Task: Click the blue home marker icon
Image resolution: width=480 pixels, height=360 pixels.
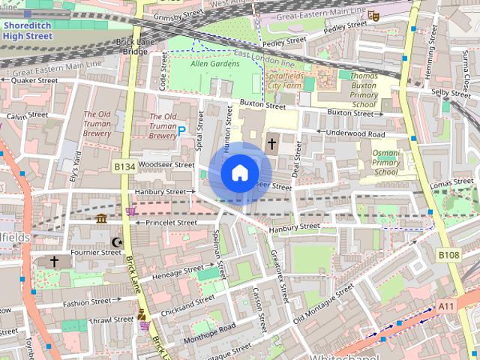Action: (x=239, y=173)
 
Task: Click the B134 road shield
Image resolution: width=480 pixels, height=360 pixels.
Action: (x=124, y=166)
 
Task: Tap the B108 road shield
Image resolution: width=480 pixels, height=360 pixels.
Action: (x=448, y=256)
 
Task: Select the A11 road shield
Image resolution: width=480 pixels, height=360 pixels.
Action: (x=447, y=306)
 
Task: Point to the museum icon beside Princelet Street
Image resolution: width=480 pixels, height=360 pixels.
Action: (x=101, y=218)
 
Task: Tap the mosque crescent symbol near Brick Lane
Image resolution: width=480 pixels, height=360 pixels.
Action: (x=115, y=241)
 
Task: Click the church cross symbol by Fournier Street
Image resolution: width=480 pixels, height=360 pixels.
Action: (x=54, y=261)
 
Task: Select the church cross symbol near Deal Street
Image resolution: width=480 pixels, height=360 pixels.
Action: (x=271, y=142)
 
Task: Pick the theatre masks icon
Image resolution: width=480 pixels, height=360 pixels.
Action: (x=373, y=13)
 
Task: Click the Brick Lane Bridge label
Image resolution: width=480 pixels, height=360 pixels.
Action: (x=135, y=46)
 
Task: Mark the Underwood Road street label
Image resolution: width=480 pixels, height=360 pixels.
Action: (x=355, y=133)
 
